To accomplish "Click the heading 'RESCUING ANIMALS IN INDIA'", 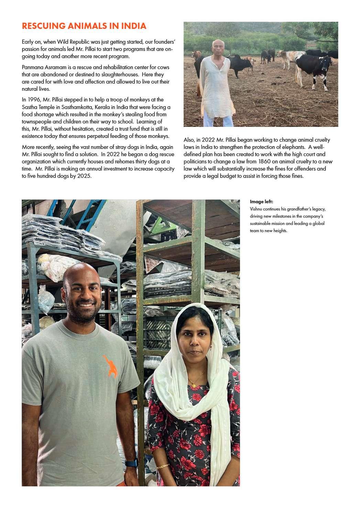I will [84, 26].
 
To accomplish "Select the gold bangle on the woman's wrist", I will [163, 467].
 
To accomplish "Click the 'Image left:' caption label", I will [261, 202].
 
